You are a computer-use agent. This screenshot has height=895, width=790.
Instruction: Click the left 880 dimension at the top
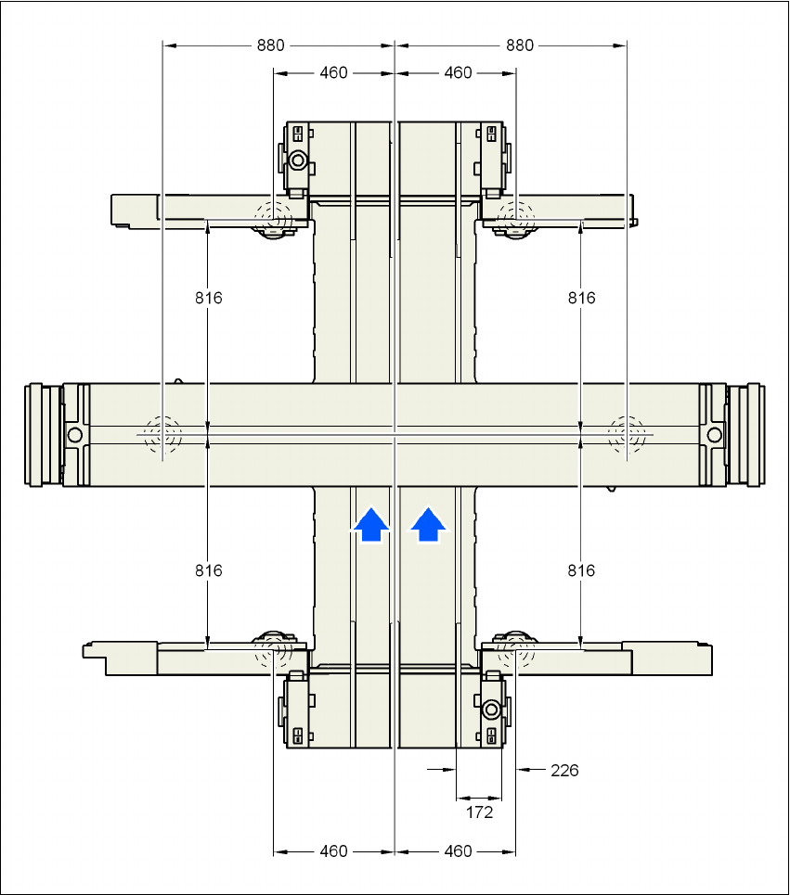click(272, 45)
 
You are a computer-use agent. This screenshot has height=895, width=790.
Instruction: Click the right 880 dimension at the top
click(521, 45)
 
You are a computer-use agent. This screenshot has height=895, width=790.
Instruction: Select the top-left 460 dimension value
click(333, 73)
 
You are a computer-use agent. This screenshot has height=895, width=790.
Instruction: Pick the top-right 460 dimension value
click(458, 73)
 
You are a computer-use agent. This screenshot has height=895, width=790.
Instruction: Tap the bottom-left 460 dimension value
click(333, 851)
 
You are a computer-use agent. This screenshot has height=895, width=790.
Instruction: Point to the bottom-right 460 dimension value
click(458, 851)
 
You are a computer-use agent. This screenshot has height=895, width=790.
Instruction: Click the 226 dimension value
click(564, 770)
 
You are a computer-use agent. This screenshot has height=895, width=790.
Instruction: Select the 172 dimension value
click(479, 812)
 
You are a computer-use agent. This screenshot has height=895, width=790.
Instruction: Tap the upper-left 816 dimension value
click(209, 298)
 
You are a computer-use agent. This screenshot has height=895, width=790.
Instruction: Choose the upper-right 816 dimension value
click(581, 298)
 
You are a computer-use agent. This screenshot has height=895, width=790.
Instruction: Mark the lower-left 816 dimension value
click(209, 570)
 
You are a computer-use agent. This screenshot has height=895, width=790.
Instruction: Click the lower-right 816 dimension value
click(581, 570)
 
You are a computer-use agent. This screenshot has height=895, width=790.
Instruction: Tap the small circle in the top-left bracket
click(298, 160)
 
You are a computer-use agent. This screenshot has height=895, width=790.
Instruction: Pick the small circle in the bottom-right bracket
click(491, 710)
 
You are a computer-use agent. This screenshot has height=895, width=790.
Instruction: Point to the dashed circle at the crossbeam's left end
click(162, 433)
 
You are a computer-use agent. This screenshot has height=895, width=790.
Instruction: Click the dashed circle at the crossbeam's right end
click(627, 433)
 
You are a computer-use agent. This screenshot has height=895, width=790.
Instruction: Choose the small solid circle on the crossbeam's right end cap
click(714, 434)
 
